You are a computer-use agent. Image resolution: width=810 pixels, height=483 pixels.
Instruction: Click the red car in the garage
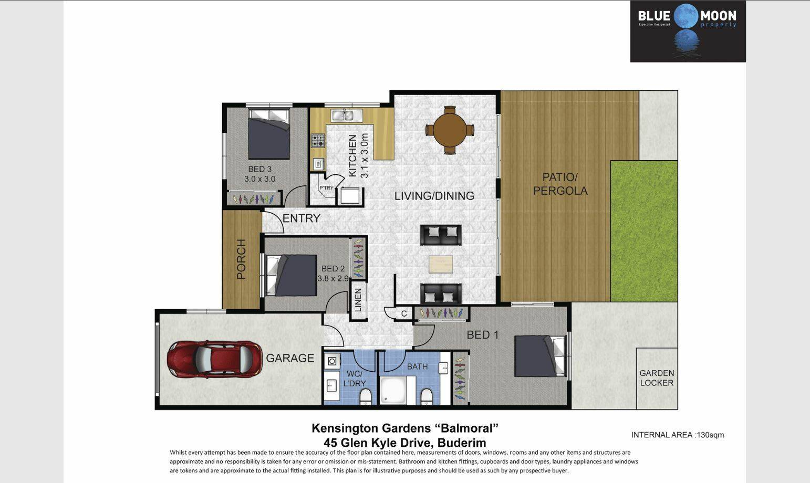(215, 359)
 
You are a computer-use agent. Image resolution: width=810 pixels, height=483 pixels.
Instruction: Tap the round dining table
(450, 130)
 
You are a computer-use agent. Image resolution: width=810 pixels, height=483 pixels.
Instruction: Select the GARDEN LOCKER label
(657, 378)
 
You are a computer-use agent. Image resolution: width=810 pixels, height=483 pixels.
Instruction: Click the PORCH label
(241, 259)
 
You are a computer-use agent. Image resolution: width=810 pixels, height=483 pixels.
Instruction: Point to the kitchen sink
(342, 115)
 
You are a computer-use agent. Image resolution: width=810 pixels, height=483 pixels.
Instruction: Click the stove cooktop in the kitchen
(318, 141)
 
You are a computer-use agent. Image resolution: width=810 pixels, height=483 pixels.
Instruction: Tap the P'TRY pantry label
(326, 187)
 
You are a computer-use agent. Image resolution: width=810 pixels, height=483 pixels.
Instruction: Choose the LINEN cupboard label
(358, 300)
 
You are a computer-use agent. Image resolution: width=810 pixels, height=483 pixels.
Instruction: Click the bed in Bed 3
(268, 134)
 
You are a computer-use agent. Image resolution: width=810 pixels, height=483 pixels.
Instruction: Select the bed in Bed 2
(292, 276)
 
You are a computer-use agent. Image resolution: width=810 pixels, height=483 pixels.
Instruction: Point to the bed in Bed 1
(539, 356)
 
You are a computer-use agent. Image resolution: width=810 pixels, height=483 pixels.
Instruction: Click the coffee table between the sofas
(441, 264)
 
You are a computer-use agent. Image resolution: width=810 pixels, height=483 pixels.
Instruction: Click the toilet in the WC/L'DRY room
(366, 397)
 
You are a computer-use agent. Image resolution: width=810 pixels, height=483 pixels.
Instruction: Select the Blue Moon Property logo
(688, 31)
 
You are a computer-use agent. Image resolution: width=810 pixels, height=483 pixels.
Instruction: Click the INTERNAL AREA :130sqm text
(678, 435)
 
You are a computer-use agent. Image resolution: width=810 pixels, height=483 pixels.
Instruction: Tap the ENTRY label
(301, 218)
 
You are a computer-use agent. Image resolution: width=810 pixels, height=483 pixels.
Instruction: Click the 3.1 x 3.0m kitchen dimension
(365, 155)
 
